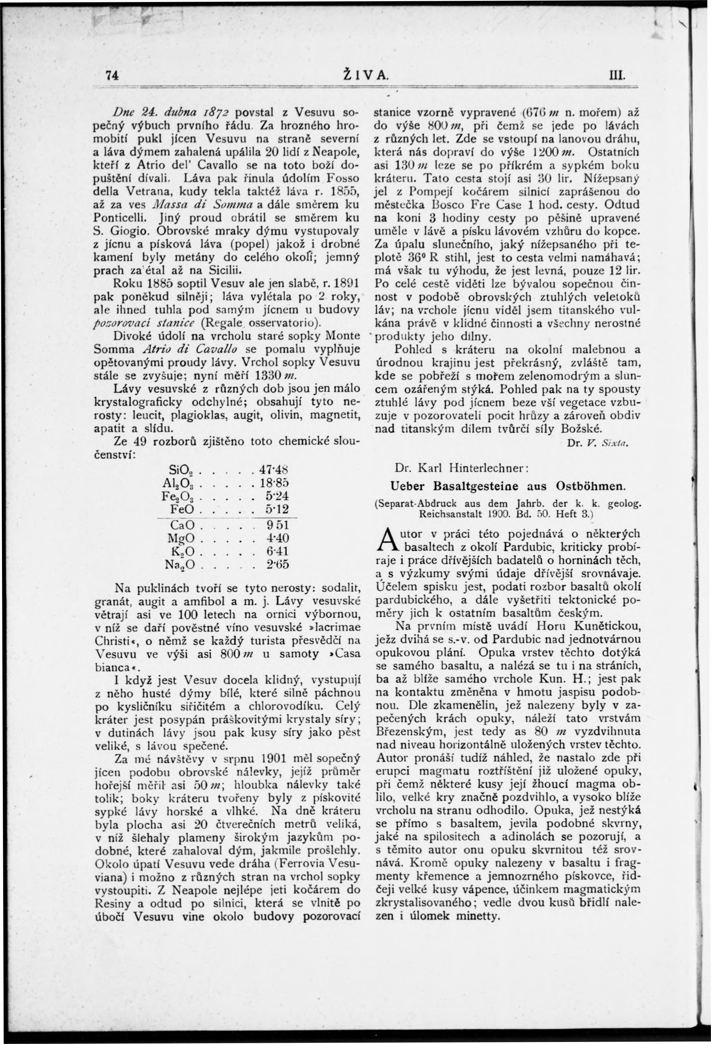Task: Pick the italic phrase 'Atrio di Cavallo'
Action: (195, 348)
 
